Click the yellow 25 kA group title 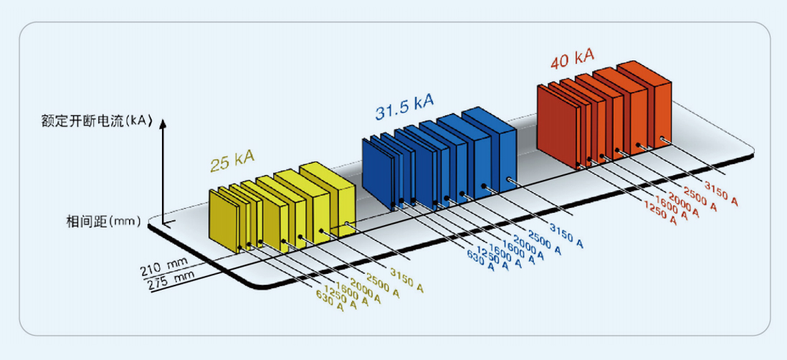[232, 162]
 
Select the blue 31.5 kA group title [404, 107]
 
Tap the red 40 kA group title [572, 60]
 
